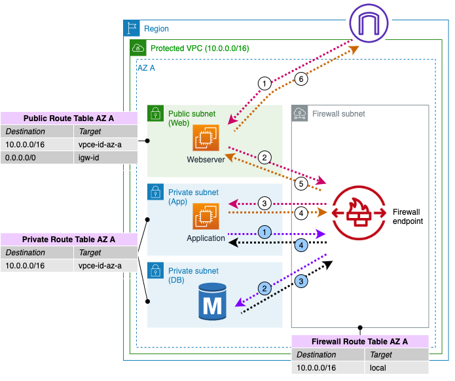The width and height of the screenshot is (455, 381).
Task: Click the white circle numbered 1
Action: (264, 83)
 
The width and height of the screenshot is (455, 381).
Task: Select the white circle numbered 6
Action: (301, 79)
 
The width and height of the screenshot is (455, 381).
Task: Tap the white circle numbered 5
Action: (301, 184)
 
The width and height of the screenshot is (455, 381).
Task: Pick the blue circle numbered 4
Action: (300, 245)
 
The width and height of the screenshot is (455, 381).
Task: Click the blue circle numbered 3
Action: (302, 281)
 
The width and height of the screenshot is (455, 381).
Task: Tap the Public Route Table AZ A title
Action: (69, 118)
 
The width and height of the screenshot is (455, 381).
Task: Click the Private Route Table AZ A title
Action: (69, 239)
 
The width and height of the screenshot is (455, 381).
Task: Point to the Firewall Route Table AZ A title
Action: (360, 342)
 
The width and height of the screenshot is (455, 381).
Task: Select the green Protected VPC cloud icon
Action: (137, 48)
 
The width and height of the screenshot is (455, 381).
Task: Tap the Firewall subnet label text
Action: (338, 114)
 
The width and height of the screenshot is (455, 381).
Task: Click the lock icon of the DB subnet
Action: (155, 270)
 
